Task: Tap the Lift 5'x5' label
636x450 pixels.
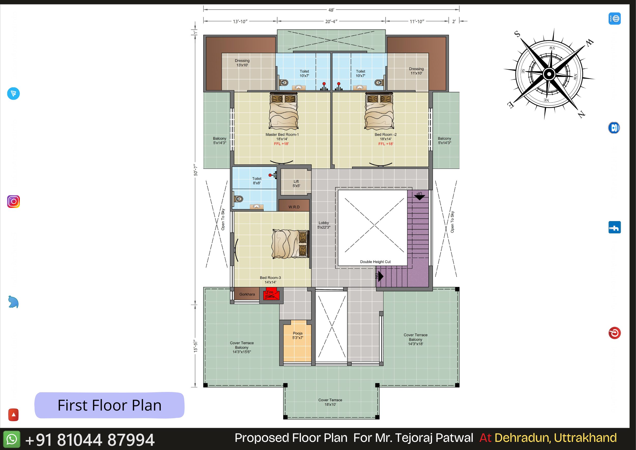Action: point(296,184)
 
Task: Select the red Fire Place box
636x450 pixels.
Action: point(271,294)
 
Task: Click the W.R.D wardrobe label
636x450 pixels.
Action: point(294,207)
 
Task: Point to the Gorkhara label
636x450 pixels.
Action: point(247,294)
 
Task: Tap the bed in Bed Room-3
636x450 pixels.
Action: point(290,244)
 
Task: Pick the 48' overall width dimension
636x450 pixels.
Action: point(331,10)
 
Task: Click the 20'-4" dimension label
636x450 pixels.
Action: point(331,21)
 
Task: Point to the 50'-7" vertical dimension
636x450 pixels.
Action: point(196,170)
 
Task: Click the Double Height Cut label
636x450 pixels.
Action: point(375,262)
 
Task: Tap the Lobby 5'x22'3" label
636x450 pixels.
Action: point(324,225)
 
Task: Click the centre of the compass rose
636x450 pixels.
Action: point(549,74)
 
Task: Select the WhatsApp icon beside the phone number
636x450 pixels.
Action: point(12,439)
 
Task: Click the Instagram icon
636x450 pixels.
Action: point(13,201)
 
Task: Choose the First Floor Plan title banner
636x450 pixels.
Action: point(109,405)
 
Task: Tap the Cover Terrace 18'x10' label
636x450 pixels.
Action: point(330,402)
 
